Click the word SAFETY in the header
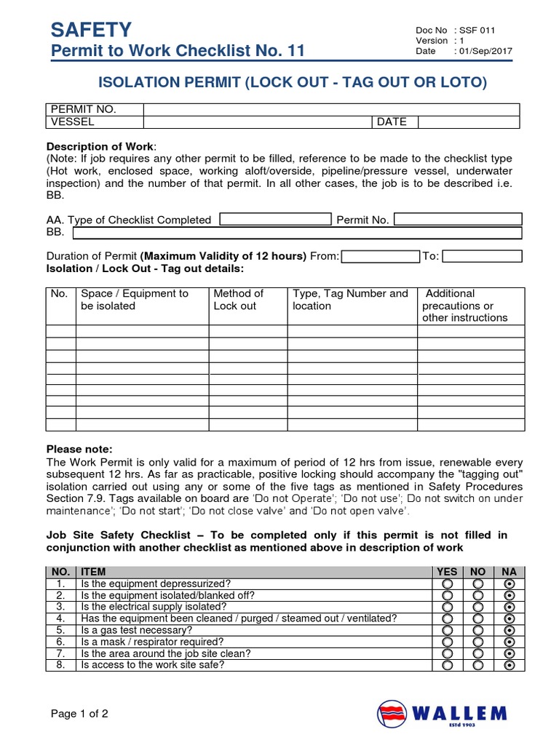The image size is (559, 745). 91,29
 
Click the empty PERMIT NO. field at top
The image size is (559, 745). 331,109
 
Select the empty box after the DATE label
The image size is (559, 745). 469,121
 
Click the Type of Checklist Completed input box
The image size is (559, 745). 275,219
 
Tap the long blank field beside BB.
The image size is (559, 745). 297,233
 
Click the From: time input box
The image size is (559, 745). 380,256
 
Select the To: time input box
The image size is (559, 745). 482,256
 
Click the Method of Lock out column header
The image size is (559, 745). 238,300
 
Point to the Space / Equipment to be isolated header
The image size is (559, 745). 134,300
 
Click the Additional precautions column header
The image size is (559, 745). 464,306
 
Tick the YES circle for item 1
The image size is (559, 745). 447,584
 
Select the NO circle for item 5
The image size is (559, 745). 478,630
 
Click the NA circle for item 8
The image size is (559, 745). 510,665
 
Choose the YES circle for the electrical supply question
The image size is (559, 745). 447,607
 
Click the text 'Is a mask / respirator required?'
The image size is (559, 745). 152,642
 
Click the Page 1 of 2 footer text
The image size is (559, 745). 79,713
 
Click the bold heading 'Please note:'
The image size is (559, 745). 79,449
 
